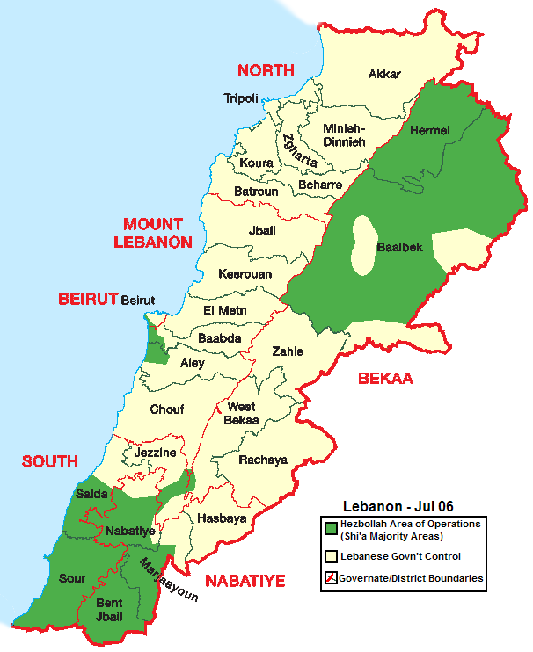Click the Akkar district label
[384, 74]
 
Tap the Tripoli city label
[242, 98]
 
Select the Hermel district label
[430, 131]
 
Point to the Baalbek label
[399, 247]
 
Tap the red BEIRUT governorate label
[88, 299]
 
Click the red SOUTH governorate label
[50, 461]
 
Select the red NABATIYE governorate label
[245, 581]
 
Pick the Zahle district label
[288, 351]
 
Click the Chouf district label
[166, 409]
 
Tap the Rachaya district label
[263, 460]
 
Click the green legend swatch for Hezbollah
[331, 528]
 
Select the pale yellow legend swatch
[331, 556]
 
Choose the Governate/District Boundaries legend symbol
[331, 578]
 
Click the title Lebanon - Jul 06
[393, 507]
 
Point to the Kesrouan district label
[245, 274]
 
